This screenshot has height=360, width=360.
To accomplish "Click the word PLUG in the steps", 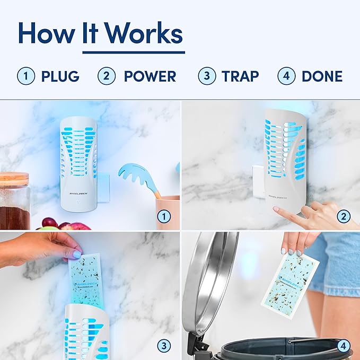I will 60,76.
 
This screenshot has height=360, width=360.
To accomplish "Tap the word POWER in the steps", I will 150,76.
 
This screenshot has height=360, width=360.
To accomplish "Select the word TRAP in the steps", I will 240,76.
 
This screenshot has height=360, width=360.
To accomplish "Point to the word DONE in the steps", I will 322,76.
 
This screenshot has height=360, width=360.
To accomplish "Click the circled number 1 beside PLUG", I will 25,76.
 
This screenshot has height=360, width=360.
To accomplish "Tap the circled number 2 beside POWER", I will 106,76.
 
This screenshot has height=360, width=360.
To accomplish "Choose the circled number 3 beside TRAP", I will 207,76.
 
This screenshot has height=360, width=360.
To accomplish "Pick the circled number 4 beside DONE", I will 286,76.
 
